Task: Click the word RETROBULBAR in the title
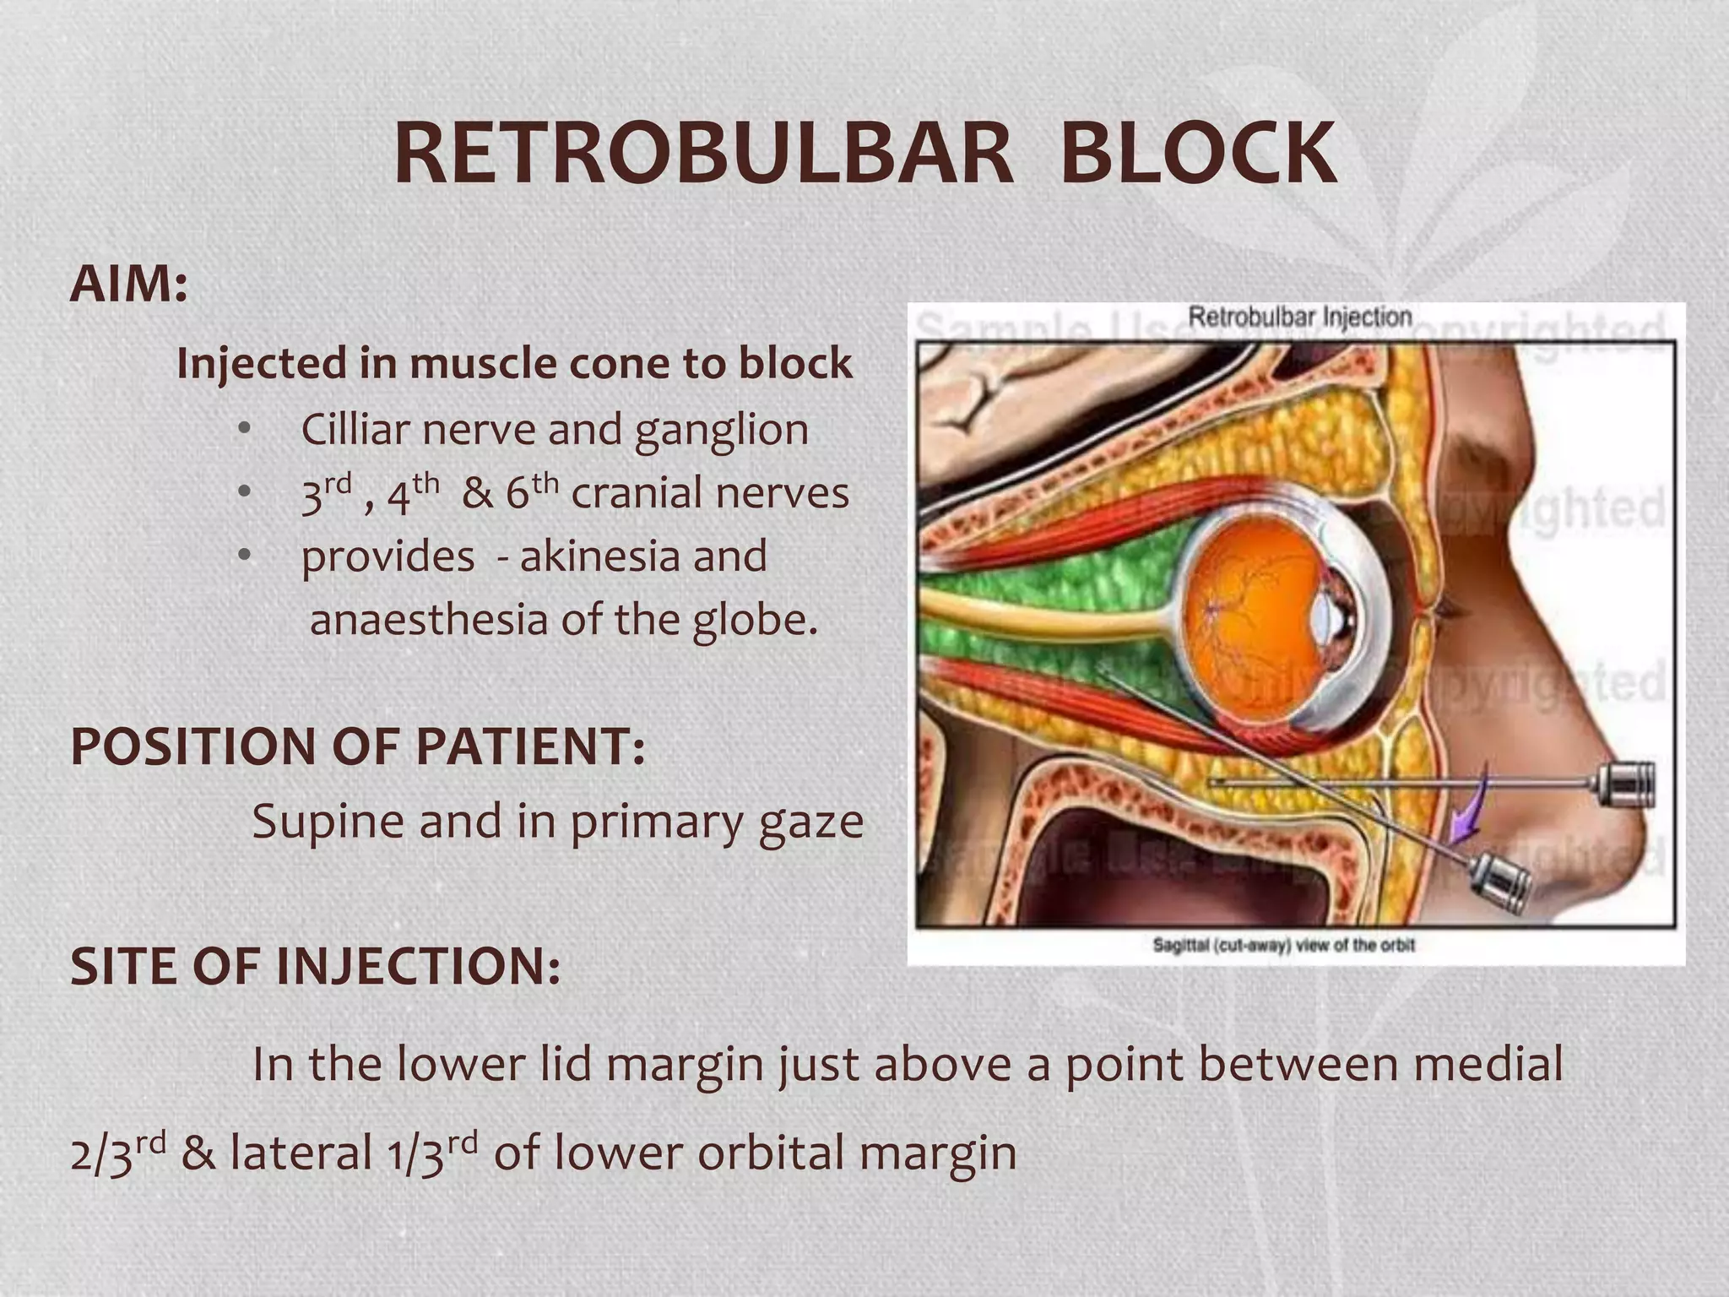pos(702,155)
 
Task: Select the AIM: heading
pos(128,285)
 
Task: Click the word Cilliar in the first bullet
pos(354,429)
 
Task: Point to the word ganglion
pos(721,431)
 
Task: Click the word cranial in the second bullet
pos(635,493)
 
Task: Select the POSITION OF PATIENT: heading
pos(358,746)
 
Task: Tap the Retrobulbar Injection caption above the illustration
pos(1299,317)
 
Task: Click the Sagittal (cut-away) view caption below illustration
pos(1283,945)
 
